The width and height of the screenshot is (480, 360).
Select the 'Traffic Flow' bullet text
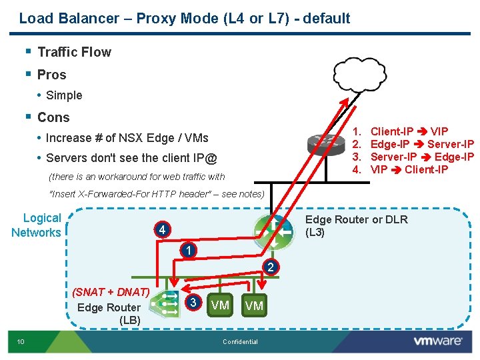[74, 52]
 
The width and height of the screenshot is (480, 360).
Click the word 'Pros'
[51, 75]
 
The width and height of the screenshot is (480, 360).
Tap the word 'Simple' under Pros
[64, 95]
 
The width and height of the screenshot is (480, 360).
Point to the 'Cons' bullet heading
[53, 117]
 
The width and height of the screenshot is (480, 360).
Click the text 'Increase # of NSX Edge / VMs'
[127, 138]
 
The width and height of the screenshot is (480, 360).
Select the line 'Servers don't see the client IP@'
[131, 158]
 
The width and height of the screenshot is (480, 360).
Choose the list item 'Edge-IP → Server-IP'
[421, 144]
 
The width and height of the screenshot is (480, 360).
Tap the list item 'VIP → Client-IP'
[409, 169]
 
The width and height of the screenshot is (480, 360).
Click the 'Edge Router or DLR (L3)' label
[356, 226]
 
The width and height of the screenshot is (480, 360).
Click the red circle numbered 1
[189, 251]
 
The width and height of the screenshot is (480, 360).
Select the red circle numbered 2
[270, 267]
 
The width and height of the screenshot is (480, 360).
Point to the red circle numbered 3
[193, 302]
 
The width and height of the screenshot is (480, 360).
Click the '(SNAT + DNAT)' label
[110, 292]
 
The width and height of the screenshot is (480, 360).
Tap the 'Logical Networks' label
[37, 225]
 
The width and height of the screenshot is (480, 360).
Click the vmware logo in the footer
[437, 341]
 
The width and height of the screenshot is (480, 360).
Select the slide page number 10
[21, 342]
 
